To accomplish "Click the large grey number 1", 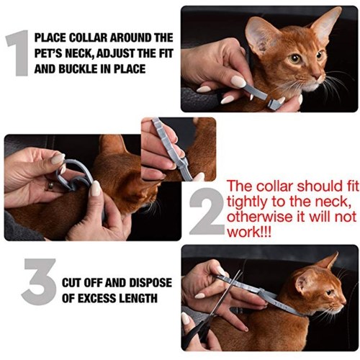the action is pyautogui.click(x=19, y=53).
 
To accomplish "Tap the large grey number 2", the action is pyautogui.click(x=207, y=211).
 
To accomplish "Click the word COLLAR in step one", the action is pyautogui.click(x=88, y=38).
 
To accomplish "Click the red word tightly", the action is pyautogui.click(x=248, y=202).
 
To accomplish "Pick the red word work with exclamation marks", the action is pyautogui.click(x=249, y=232).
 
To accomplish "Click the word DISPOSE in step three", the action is pyautogui.click(x=150, y=283).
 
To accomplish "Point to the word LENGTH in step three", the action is pyautogui.click(x=138, y=299).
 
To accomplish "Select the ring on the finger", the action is pyautogui.click(x=51, y=186).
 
